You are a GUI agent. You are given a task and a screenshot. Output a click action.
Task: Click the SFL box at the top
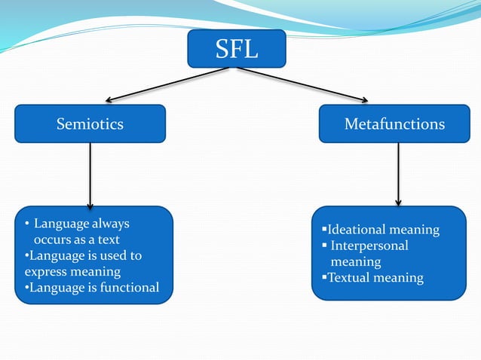click(x=237, y=48)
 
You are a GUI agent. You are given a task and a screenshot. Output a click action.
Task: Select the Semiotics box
click(x=90, y=124)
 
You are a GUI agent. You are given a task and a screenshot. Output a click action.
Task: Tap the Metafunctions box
click(x=394, y=124)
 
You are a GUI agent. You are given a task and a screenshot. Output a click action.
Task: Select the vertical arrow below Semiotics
click(x=90, y=175)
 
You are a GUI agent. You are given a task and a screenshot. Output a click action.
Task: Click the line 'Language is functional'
click(x=92, y=287)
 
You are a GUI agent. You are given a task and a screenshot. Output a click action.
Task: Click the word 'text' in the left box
click(x=106, y=239)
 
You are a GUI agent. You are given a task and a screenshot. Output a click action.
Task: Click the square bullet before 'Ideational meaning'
click(x=323, y=230)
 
